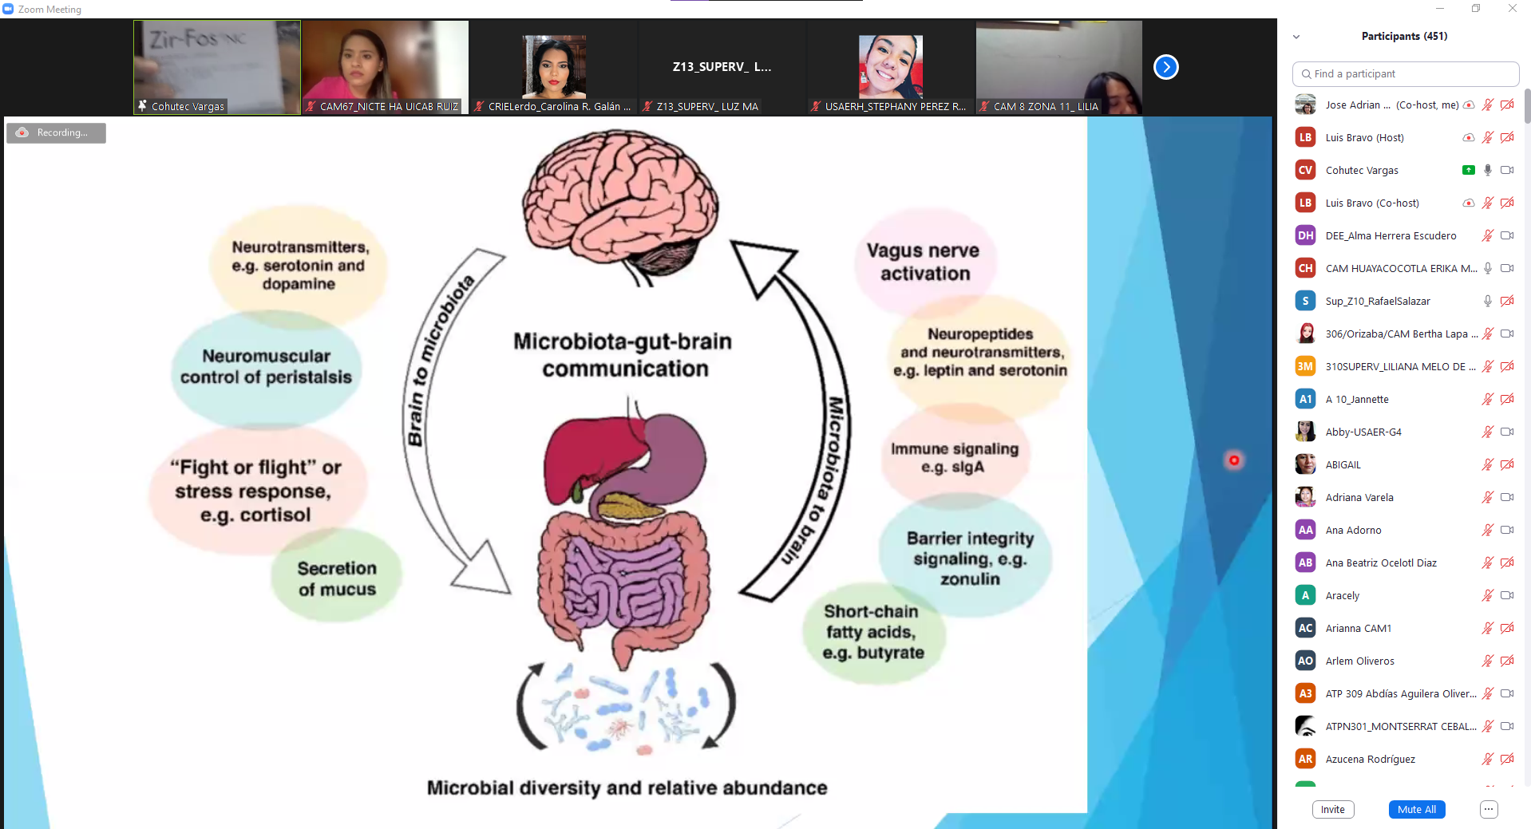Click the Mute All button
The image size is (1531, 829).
point(1416,809)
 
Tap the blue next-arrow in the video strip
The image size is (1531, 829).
point(1165,67)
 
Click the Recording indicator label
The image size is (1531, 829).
point(57,132)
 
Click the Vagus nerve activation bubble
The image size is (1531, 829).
point(924,262)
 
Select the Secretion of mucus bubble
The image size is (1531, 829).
point(337,578)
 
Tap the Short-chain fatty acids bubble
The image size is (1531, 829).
point(872,632)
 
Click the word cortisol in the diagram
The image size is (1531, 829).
point(275,515)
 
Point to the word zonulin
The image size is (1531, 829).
point(969,579)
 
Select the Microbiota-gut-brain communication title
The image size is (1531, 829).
point(623,354)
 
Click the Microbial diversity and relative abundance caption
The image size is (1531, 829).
point(627,788)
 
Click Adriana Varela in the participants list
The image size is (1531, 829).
point(1359,497)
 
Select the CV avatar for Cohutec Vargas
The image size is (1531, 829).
point(1305,170)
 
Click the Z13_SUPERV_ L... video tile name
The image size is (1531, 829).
point(722,67)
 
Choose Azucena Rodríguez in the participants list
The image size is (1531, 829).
point(1370,759)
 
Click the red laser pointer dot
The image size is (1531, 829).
point(1234,460)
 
